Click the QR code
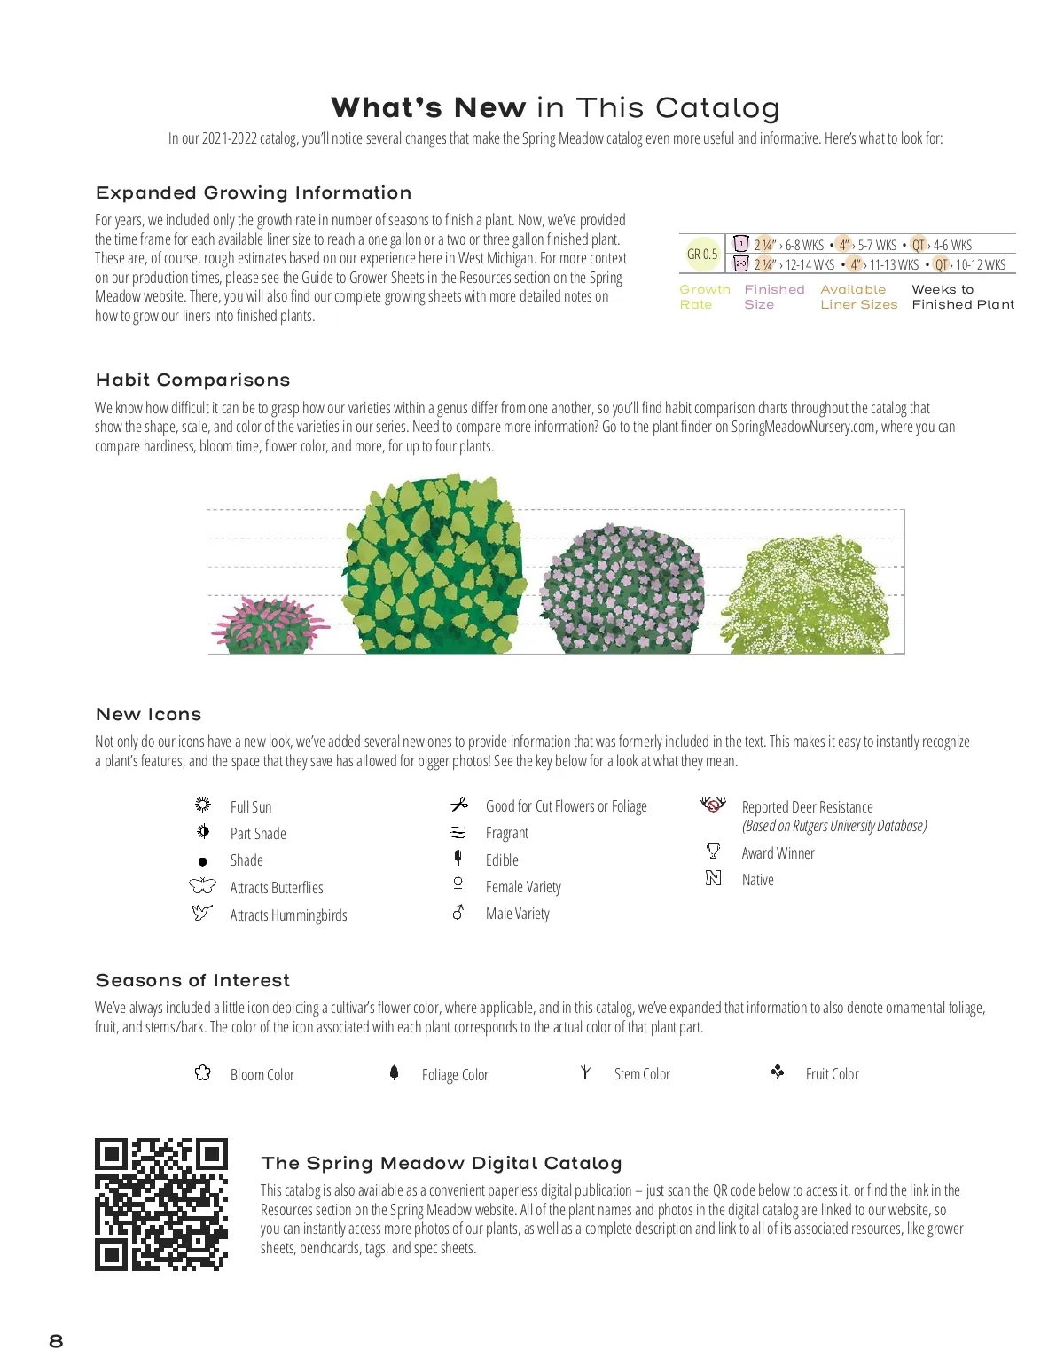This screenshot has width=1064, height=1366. (x=161, y=1204)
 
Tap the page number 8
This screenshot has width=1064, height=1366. (x=56, y=1340)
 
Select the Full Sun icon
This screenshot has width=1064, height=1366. (x=203, y=805)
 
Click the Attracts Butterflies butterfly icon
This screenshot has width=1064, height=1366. (x=202, y=885)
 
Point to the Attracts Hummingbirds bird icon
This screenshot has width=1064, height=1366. (x=202, y=912)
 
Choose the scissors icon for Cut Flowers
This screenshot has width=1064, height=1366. (x=458, y=805)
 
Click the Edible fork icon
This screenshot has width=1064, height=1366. (x=458, y=858)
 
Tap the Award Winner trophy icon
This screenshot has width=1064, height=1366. (x=713, y=851)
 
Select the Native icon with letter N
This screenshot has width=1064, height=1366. (x=713, y=878)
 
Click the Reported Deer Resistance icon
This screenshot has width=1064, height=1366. (x=713, y=804)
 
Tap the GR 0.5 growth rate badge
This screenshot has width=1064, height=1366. (x=702, y=254)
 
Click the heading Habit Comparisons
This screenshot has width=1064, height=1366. (x=192, y=380)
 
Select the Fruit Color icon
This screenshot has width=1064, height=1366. (x=778, y=1072)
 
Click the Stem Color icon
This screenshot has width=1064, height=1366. (x=585, y=1072)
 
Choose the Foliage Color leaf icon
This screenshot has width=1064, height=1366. (x=395, y=1072)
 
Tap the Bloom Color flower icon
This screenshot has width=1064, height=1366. (x=203, y=1073)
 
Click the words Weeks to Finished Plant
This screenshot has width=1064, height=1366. (x=963, y=296)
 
